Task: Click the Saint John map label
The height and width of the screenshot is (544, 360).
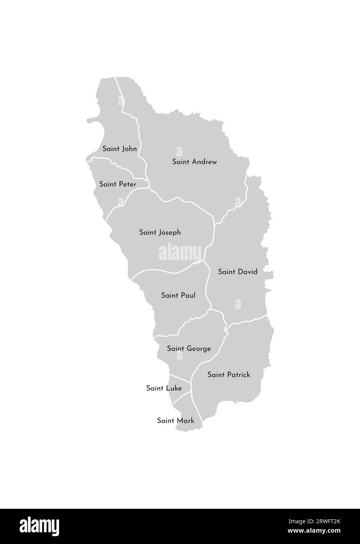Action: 119,149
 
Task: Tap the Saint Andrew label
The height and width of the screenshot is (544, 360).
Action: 194,162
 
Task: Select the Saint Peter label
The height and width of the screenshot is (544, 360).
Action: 117,184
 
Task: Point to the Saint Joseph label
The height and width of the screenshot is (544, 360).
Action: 160,232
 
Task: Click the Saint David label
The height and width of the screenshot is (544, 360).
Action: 238,272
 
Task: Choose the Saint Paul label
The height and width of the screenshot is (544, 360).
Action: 178,295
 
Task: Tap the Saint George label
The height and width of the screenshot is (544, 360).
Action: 189,348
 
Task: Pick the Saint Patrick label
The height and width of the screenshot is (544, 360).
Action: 229,375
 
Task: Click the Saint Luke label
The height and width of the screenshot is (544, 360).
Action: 164,388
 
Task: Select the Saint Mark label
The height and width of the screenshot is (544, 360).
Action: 175,421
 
